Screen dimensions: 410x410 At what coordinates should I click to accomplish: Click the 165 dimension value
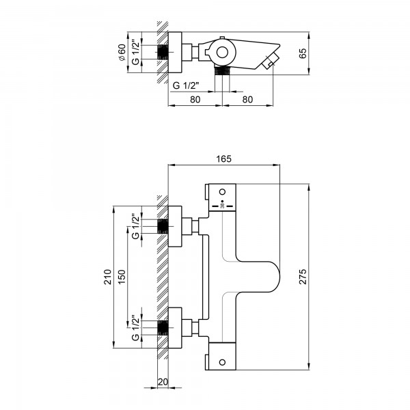coord(224,159)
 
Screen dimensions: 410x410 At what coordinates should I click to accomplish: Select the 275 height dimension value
coord(303,276)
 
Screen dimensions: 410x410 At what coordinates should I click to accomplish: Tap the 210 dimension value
coord(108,277)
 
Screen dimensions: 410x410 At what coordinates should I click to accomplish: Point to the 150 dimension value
coord(122,277)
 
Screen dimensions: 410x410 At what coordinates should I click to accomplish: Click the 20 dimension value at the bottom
coord(163,382)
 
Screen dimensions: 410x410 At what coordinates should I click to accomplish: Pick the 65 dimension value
coord(303,53)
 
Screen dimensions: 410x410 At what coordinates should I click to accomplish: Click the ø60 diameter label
coord(122,53)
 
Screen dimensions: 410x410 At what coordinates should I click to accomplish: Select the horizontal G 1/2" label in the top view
coord(186,85)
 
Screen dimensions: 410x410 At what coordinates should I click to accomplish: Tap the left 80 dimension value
coord(195,100)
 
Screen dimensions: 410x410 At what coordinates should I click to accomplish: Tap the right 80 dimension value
coord(247,100)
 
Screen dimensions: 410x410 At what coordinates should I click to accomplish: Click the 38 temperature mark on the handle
coord(223,206)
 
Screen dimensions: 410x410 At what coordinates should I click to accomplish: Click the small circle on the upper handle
coord(222,191)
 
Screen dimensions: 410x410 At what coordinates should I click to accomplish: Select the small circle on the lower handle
coord(222,362)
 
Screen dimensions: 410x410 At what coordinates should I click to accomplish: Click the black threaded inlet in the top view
coord(163,52)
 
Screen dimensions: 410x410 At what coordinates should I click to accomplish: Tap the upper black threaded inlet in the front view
coord(163,226)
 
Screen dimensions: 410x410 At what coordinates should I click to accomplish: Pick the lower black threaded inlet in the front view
coord(163,327)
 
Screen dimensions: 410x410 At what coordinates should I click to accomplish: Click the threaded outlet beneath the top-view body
coord(222,71)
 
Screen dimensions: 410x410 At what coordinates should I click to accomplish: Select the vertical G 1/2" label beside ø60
coord(135,52)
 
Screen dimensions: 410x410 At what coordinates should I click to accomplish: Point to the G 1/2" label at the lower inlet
coord(135,327)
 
